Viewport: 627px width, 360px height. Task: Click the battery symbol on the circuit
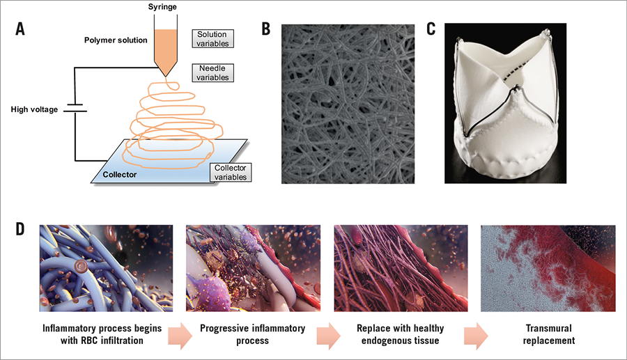[75, 109]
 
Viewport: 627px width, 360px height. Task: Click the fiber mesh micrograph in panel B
[349, 102]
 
